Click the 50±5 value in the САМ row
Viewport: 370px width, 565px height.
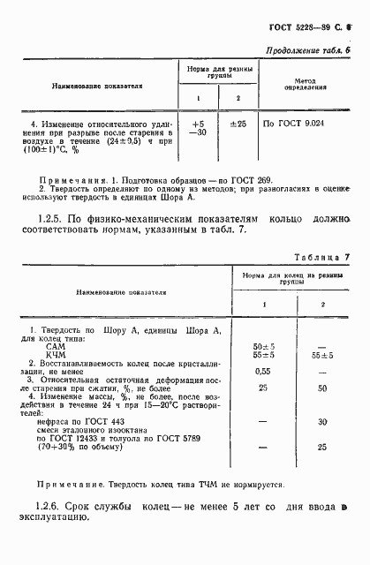(264, 345)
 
